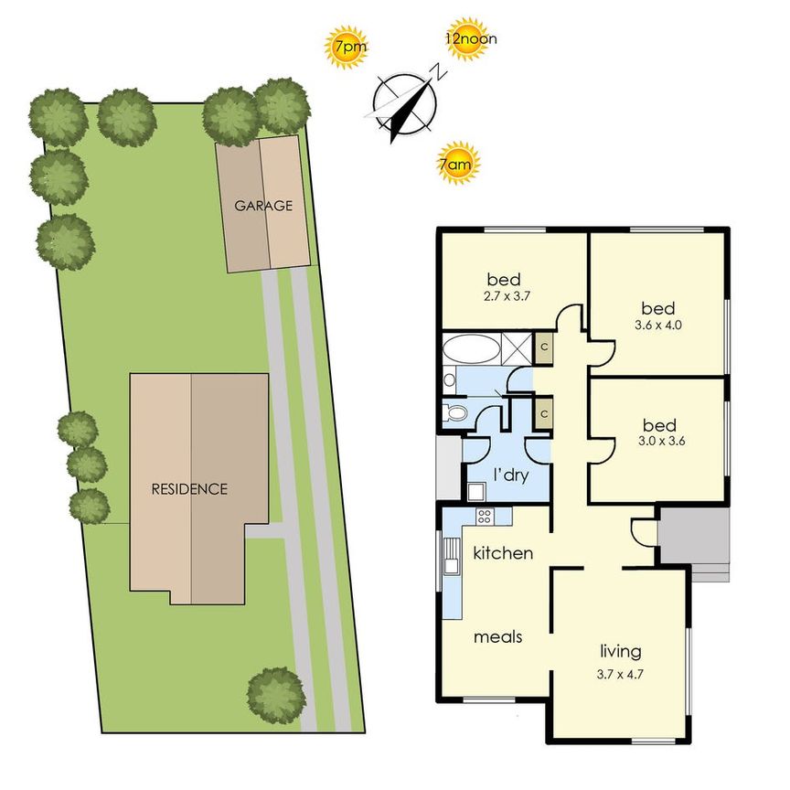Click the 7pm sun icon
(x=347, y=48)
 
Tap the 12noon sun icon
(x=467, y=40)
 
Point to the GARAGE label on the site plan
(x=263, y=206)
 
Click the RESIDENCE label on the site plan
(x=189, y=489)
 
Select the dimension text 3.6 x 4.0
(x=658, y=325)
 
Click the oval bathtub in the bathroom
(x=472, y=349)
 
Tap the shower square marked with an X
(x=516, y=349)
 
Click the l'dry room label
(x=509, y=475)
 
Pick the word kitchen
(x=503, y=553)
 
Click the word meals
(x=497, y=636)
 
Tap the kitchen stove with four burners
(x=484, y=518)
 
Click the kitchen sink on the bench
(x=452, y=554)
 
